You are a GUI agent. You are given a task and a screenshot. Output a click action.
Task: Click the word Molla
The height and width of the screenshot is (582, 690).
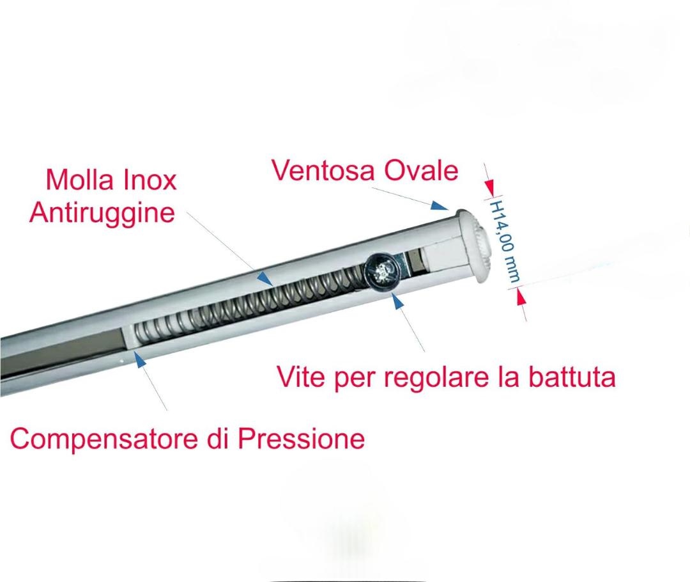(80, 180)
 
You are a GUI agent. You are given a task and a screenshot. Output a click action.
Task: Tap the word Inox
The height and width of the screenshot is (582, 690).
(150, 180)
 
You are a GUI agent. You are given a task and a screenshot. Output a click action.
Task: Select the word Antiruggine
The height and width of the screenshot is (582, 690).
(102, 214)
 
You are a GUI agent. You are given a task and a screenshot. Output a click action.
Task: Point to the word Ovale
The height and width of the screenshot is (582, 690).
(421, 170)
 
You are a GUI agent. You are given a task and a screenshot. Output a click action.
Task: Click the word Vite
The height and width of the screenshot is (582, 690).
(300, 377)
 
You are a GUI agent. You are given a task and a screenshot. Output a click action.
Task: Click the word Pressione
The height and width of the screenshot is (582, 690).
(302, 438)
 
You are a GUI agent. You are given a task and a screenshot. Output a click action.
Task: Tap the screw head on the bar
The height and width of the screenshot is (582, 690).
(381, 272)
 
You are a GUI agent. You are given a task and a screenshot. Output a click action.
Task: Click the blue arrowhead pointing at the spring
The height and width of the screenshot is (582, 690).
(264, 278)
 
